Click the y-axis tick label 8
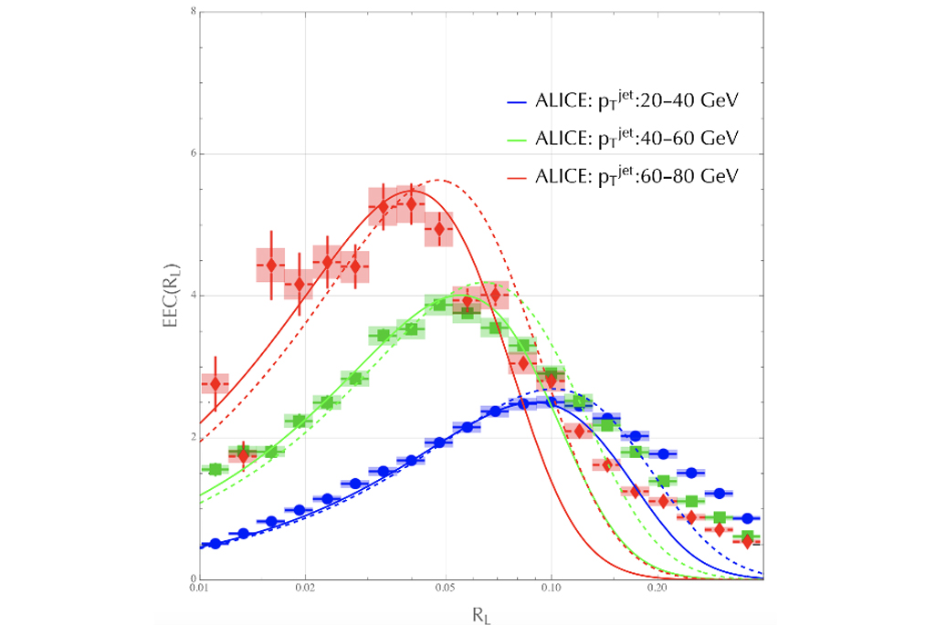191,12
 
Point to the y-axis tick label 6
191,154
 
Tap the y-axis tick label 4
191,296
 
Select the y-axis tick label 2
191,438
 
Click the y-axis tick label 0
191,579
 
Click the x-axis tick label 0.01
199,590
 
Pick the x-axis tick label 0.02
305,590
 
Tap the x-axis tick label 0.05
445,590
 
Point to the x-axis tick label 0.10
551,590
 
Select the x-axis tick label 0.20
657,590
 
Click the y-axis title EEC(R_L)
171,296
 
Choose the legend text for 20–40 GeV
637,101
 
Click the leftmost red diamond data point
216,384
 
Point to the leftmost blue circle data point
216,544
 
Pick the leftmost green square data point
216,470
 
